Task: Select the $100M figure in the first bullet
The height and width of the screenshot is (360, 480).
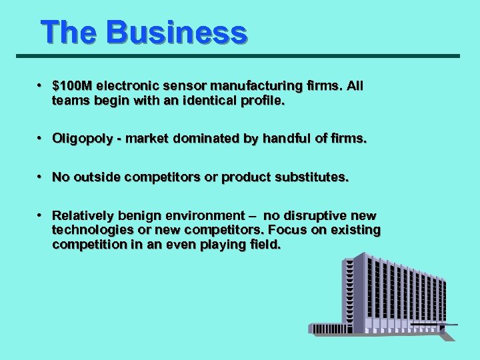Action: point(73,86)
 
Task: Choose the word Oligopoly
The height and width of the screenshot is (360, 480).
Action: point(82,139)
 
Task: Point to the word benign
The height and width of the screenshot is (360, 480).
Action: point(135,215)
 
